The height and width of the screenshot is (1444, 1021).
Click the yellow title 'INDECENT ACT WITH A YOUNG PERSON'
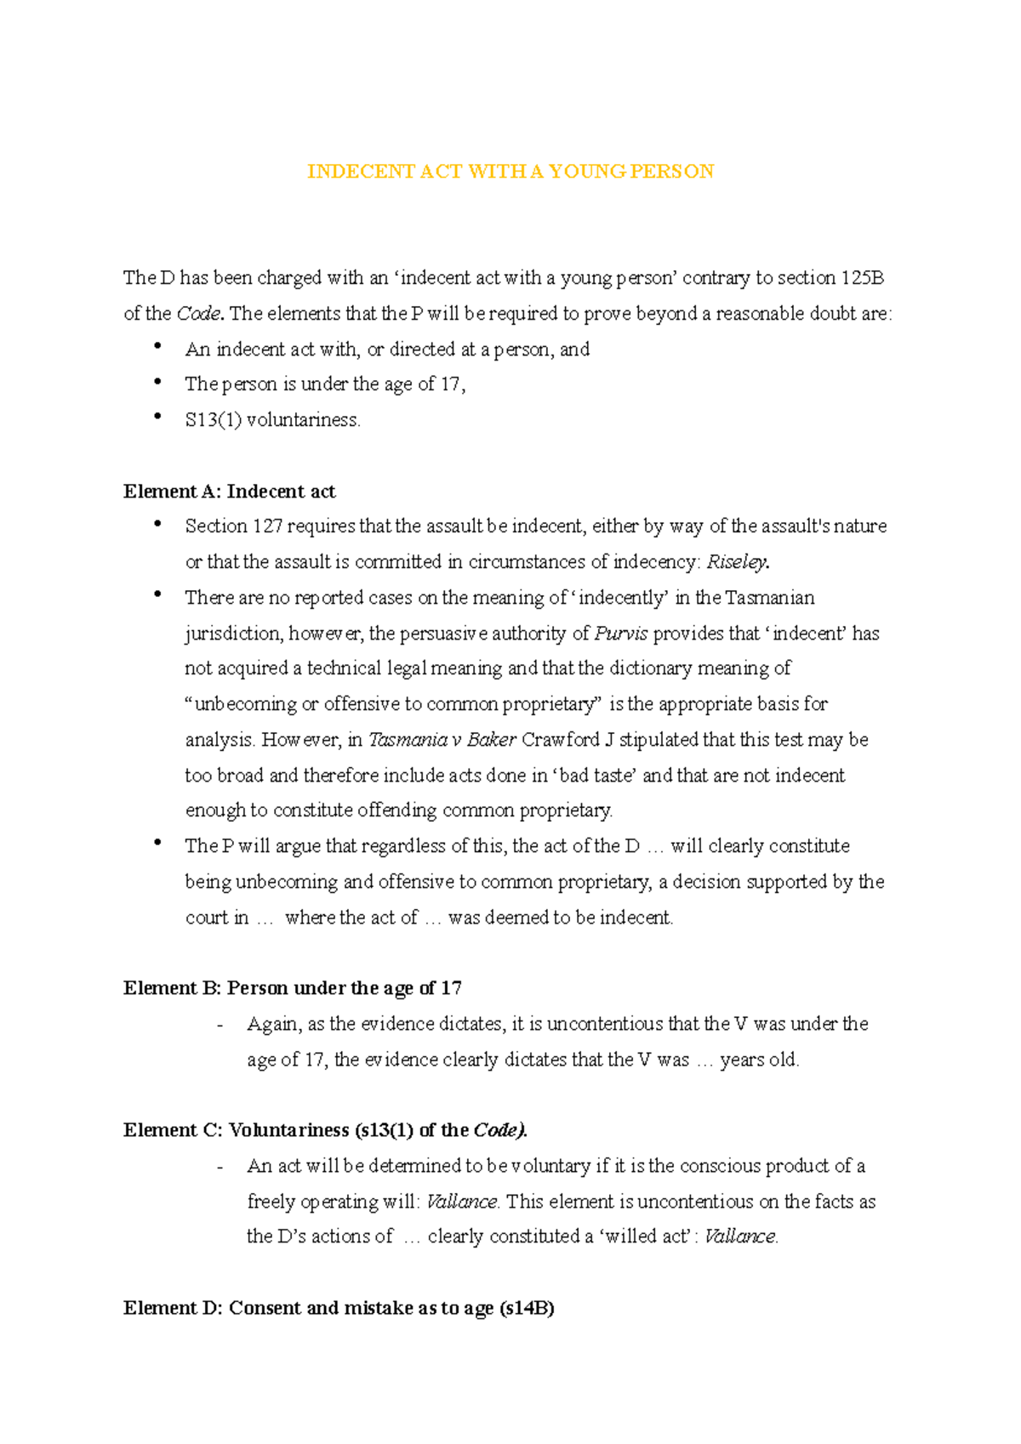(510, 172)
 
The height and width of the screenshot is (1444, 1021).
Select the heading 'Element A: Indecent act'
(229, 492)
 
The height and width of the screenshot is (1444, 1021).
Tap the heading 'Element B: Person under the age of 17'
(292, 988)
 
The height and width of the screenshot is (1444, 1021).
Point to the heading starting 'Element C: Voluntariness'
(325, 1130)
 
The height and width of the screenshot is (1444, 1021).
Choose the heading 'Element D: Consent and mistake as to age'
(339, 1308)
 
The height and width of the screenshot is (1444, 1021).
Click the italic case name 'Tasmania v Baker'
(442, 740)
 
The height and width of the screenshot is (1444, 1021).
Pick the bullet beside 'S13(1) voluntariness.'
(157, 417)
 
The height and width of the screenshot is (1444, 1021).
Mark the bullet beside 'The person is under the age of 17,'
(157, 382)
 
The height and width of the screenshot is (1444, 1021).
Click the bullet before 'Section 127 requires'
(157, 524)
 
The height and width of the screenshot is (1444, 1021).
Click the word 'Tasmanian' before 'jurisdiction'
(769, 598)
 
